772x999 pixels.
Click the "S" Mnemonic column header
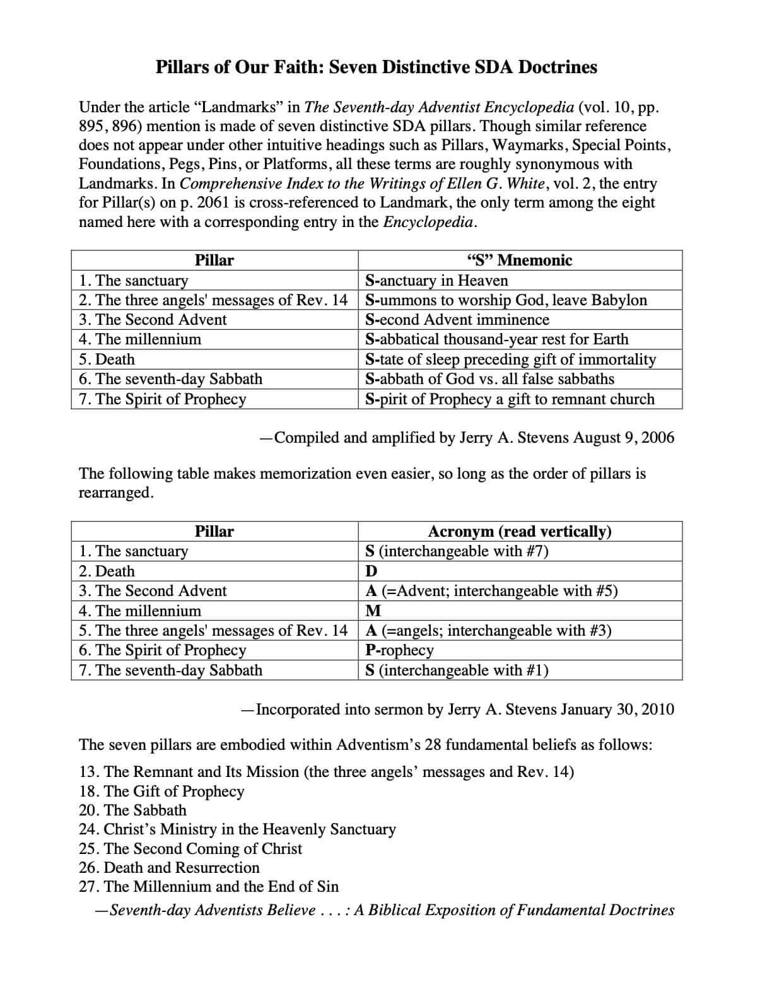coord(519,260)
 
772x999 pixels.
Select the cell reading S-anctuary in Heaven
coord(436,281)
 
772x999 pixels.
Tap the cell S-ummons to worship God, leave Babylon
coord(506,300)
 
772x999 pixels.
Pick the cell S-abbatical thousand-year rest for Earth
coord(496,339)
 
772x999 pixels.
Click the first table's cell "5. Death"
coord(107,359)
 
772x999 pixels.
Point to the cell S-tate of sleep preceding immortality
coord(510,359)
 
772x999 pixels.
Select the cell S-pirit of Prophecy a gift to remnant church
coord(510,399)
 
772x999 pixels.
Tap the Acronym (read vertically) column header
coord(519,532)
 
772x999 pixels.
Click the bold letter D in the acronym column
coord(371,571)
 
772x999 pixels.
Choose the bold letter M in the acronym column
coord(373,611)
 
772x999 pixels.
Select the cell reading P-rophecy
coord(399,650)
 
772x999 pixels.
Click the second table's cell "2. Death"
coord(107,571)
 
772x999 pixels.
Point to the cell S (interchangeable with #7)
coord(457,551)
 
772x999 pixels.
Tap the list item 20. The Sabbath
coord(132,810)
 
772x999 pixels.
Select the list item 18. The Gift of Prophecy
coord(161,792)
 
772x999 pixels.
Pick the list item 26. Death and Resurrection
coord(169,868)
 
